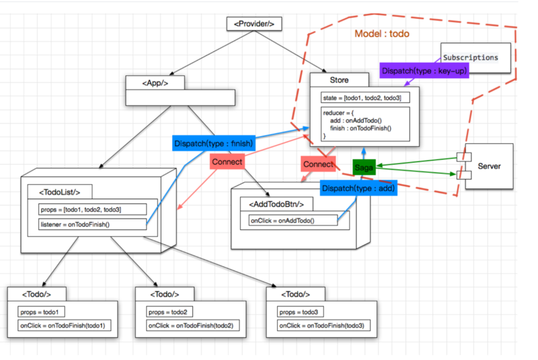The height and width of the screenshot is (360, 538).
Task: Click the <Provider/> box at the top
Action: [x=254, y=24]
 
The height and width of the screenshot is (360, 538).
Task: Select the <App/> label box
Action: [x=155, y=83]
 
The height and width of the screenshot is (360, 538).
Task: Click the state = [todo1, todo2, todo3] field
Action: [x=362, y=98]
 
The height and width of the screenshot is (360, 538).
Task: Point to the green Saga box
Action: [x=364, y=166]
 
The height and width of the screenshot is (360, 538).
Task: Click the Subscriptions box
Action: [x=470, y=58]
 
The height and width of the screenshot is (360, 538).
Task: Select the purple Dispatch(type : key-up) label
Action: [x=424, y=71]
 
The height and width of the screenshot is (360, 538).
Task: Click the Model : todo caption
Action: [x=381, y=34]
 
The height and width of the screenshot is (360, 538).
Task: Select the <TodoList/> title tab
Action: [x=59, y=191]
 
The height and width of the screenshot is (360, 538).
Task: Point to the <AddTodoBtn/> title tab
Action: [x=276, y=204]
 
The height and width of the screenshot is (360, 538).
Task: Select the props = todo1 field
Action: [x=42, y=312]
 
